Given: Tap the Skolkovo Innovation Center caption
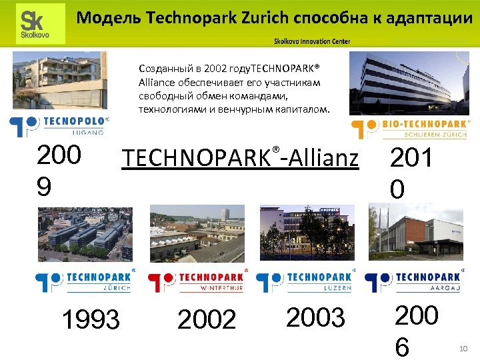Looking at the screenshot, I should (311, 42).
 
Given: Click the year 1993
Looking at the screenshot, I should (90, 319).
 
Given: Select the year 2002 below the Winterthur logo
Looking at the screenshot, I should (207, 320).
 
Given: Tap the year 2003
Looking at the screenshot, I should (315, 318).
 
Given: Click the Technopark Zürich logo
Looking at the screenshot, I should (85, 281).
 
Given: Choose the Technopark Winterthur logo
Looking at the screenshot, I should (197, 281).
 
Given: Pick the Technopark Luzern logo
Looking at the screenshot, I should (306, 281).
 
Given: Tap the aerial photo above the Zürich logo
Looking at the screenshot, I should (85, 233).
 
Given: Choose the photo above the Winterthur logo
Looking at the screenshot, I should (197, 233).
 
